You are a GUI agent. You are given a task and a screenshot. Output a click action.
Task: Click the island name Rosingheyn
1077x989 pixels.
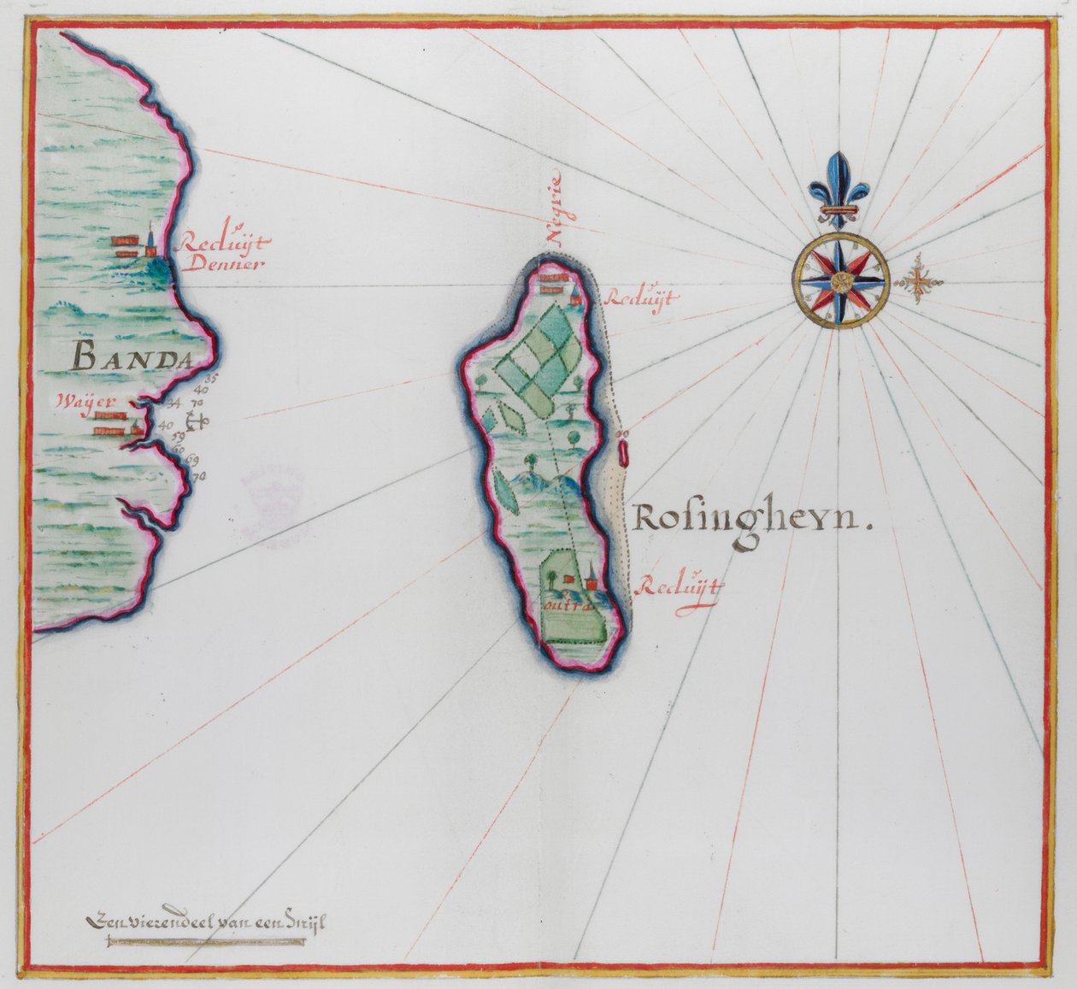[752, 519]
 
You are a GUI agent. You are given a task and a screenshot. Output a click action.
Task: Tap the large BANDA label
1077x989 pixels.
[131, 354]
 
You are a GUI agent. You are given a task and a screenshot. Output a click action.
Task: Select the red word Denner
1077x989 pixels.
[221, 263]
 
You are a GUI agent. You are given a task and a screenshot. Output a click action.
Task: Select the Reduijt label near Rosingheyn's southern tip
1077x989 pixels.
[680, 587]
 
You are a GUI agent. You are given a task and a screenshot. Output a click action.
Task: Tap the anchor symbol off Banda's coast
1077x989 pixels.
[197, 421]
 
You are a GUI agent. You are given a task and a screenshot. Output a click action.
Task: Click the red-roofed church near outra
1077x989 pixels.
[590, 582]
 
